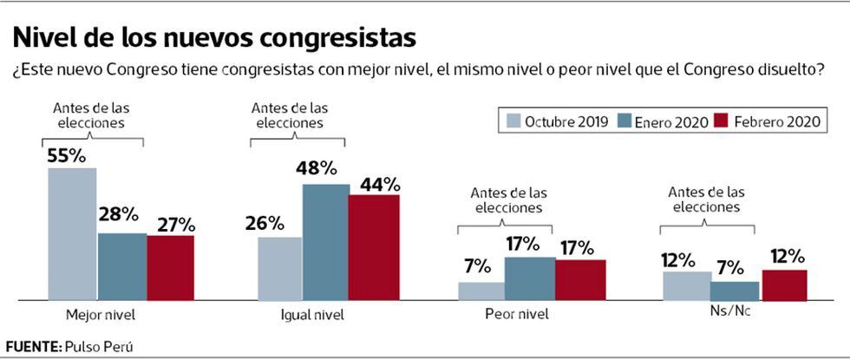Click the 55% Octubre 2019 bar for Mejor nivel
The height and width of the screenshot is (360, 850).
(x=72, y=233)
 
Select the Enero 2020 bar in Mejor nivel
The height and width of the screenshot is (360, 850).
(x=121, y=265)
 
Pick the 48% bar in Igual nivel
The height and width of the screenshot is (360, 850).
(x=326, y=242)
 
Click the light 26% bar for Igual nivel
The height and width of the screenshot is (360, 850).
(x=280, y=268)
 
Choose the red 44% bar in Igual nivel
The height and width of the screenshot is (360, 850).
(x=374, y=247)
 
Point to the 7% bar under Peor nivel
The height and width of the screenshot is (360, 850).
(x=481, y=291)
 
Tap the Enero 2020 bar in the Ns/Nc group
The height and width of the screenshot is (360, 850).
(x=735, y=291)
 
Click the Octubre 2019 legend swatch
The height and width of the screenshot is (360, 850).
(x=512, y=121)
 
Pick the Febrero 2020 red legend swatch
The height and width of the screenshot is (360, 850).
(x=719, y=121)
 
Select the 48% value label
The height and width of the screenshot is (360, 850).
(x=316, y=170)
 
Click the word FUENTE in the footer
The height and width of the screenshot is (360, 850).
(x=32, y=345)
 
